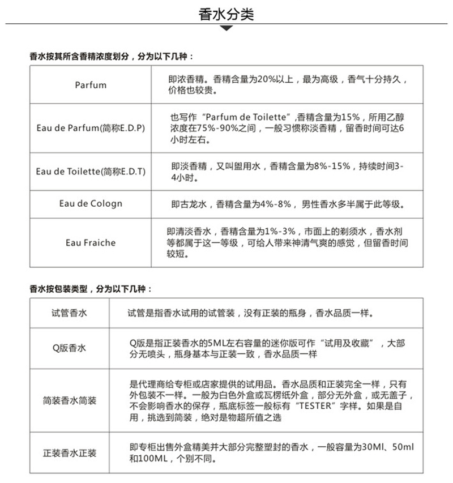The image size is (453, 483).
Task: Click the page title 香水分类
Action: pyautogui.click(x=226, y=15)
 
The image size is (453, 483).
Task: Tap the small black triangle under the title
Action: pyautogui.click(x=226, y=28)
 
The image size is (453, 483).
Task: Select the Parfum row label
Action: pyautogui.click(x=90, y=85)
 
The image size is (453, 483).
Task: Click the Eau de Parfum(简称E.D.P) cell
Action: pyautogui.click(x=90, y=128)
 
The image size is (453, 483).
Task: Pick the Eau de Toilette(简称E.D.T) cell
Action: pyautogui.click(x=90, y=171)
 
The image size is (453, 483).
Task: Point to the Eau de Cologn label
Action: pyautogui.click(x=90, y=204)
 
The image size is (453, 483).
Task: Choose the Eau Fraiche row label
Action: pyautogui.click(x=90, y=242)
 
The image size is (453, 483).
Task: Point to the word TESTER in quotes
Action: pyautogui.click(x=307, y=405)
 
